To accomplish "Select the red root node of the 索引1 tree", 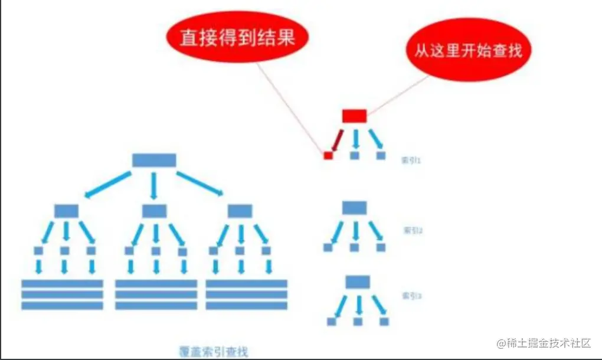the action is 354,116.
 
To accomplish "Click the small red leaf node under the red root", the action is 328,155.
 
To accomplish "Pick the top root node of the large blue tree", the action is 154,160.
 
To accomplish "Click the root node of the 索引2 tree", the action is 354,208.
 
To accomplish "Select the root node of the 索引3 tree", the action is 357,282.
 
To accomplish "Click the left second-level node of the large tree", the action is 66,211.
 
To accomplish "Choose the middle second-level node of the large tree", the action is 155,211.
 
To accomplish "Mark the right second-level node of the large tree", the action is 240,211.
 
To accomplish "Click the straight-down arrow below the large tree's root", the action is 154,185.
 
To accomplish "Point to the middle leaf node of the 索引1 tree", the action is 355,156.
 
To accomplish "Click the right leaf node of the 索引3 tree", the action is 384,322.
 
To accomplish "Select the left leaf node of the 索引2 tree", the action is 328,247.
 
